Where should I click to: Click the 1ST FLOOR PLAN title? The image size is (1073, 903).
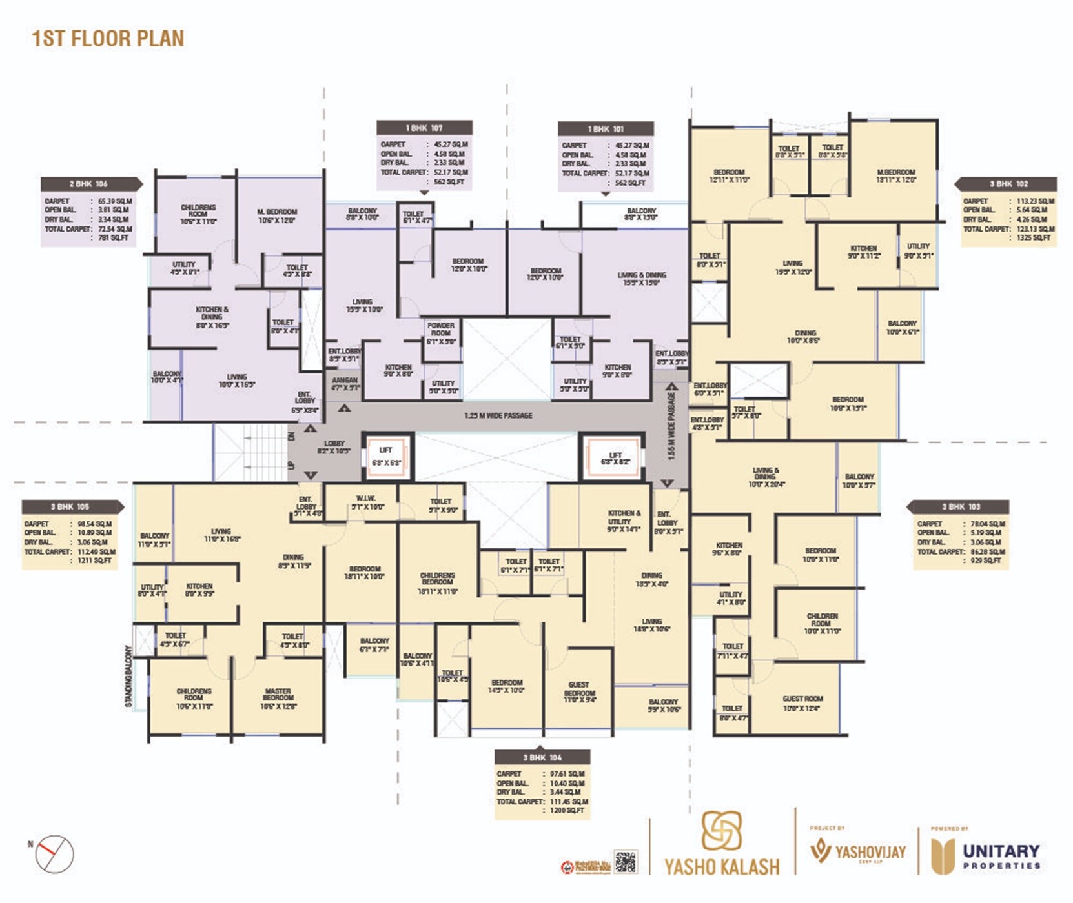(x=108, y=38)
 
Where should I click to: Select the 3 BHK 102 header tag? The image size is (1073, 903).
(x=1008, y=184)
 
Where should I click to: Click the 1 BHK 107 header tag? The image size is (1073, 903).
(x=424, y=128)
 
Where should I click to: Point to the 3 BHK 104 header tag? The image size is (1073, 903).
(x=542, y=757)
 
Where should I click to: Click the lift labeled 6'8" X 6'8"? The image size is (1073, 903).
(x=386, y=457)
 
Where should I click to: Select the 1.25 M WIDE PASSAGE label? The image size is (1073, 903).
(x=498, y=415)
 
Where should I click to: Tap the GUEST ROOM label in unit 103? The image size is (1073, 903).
(x=802, y=703)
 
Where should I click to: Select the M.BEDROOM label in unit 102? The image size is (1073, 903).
(x=896, y=175)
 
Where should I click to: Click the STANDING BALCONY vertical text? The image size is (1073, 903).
(x=128, y=676)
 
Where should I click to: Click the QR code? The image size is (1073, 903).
(x=625, y=862)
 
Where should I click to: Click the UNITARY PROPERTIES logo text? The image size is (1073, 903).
(x=1000, y=856)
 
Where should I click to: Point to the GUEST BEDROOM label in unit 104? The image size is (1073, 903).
(x=579, y=692)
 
